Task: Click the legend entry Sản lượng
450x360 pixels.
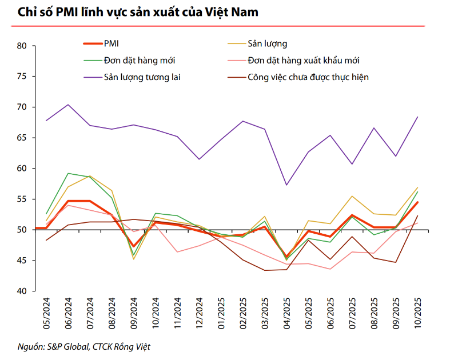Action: [267, 43]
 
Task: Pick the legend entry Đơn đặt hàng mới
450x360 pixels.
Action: [140, 60]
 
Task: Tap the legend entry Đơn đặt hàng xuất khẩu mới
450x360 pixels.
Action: [304, 60]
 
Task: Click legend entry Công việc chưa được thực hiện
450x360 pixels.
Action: [308, 77]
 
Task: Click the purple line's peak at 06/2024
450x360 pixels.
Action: [68, 105]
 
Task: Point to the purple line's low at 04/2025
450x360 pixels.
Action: [286, 185]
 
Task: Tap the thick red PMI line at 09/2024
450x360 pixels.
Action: [134, 246]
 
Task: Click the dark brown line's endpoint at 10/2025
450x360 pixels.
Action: [417, 216]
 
